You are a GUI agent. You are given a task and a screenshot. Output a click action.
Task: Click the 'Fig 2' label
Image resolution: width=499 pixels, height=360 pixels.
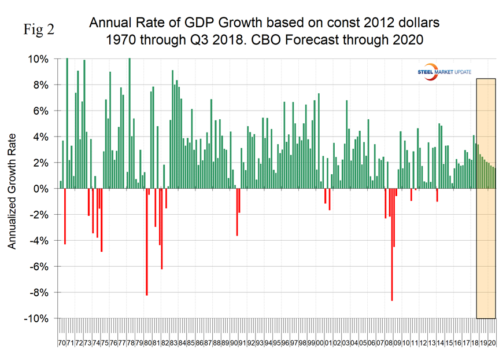(39, 30)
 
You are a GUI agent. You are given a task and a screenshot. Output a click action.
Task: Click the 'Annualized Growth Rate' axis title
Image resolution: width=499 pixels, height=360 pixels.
(12, 189)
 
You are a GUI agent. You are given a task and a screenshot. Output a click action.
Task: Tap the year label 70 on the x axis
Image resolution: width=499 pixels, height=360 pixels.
(62, 343)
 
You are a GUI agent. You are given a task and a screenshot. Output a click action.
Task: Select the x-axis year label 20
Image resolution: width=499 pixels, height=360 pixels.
(491, 343)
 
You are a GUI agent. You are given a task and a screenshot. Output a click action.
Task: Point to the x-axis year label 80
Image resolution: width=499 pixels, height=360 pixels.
(148, 343)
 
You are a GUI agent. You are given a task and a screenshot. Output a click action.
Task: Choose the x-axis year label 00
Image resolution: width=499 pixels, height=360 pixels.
(320, 343)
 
